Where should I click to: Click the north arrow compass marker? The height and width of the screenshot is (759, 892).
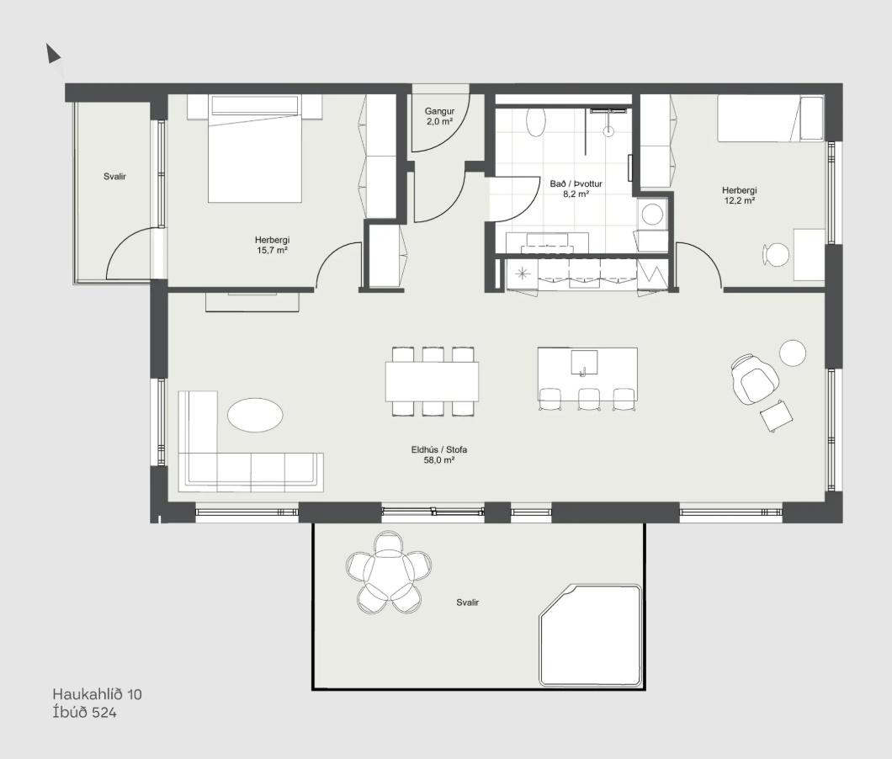53,54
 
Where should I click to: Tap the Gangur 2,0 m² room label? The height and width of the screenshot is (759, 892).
439,117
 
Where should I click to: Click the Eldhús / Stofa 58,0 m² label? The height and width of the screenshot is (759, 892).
439,454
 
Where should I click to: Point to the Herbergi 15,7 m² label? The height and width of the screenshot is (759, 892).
272,245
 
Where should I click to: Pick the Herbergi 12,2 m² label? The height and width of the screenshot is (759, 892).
740,195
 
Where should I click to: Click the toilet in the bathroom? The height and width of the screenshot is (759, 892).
535,122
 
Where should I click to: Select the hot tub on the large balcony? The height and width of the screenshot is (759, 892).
591,634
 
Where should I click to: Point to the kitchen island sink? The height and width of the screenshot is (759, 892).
584,363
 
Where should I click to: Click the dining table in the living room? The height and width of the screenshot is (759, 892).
432,381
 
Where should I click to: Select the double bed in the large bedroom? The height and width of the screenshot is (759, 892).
254,149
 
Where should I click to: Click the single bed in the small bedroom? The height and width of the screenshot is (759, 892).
770,119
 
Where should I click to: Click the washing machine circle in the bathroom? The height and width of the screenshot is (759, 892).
652,215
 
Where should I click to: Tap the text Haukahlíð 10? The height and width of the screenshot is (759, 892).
98,694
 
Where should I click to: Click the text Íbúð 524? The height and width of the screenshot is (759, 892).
84,713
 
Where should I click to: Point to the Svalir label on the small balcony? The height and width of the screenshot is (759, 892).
115,177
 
